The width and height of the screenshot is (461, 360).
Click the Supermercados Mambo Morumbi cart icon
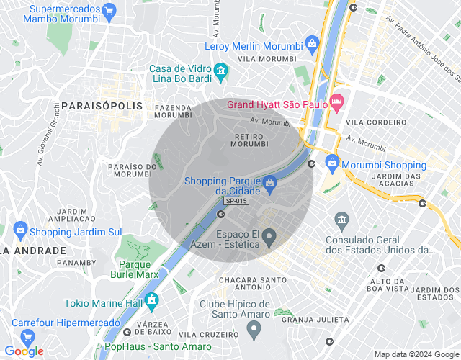(109, 12)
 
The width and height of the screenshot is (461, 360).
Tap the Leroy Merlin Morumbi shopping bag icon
(312, 44)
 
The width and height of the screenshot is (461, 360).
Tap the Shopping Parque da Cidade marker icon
(269, 184)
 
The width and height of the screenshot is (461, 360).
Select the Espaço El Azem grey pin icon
(269, 236)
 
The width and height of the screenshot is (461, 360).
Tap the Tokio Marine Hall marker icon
(151, 300)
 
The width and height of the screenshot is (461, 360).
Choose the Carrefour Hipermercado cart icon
(28, 337)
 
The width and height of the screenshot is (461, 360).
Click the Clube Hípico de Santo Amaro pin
(254, 330)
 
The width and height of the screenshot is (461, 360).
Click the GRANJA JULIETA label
(315, 319)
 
